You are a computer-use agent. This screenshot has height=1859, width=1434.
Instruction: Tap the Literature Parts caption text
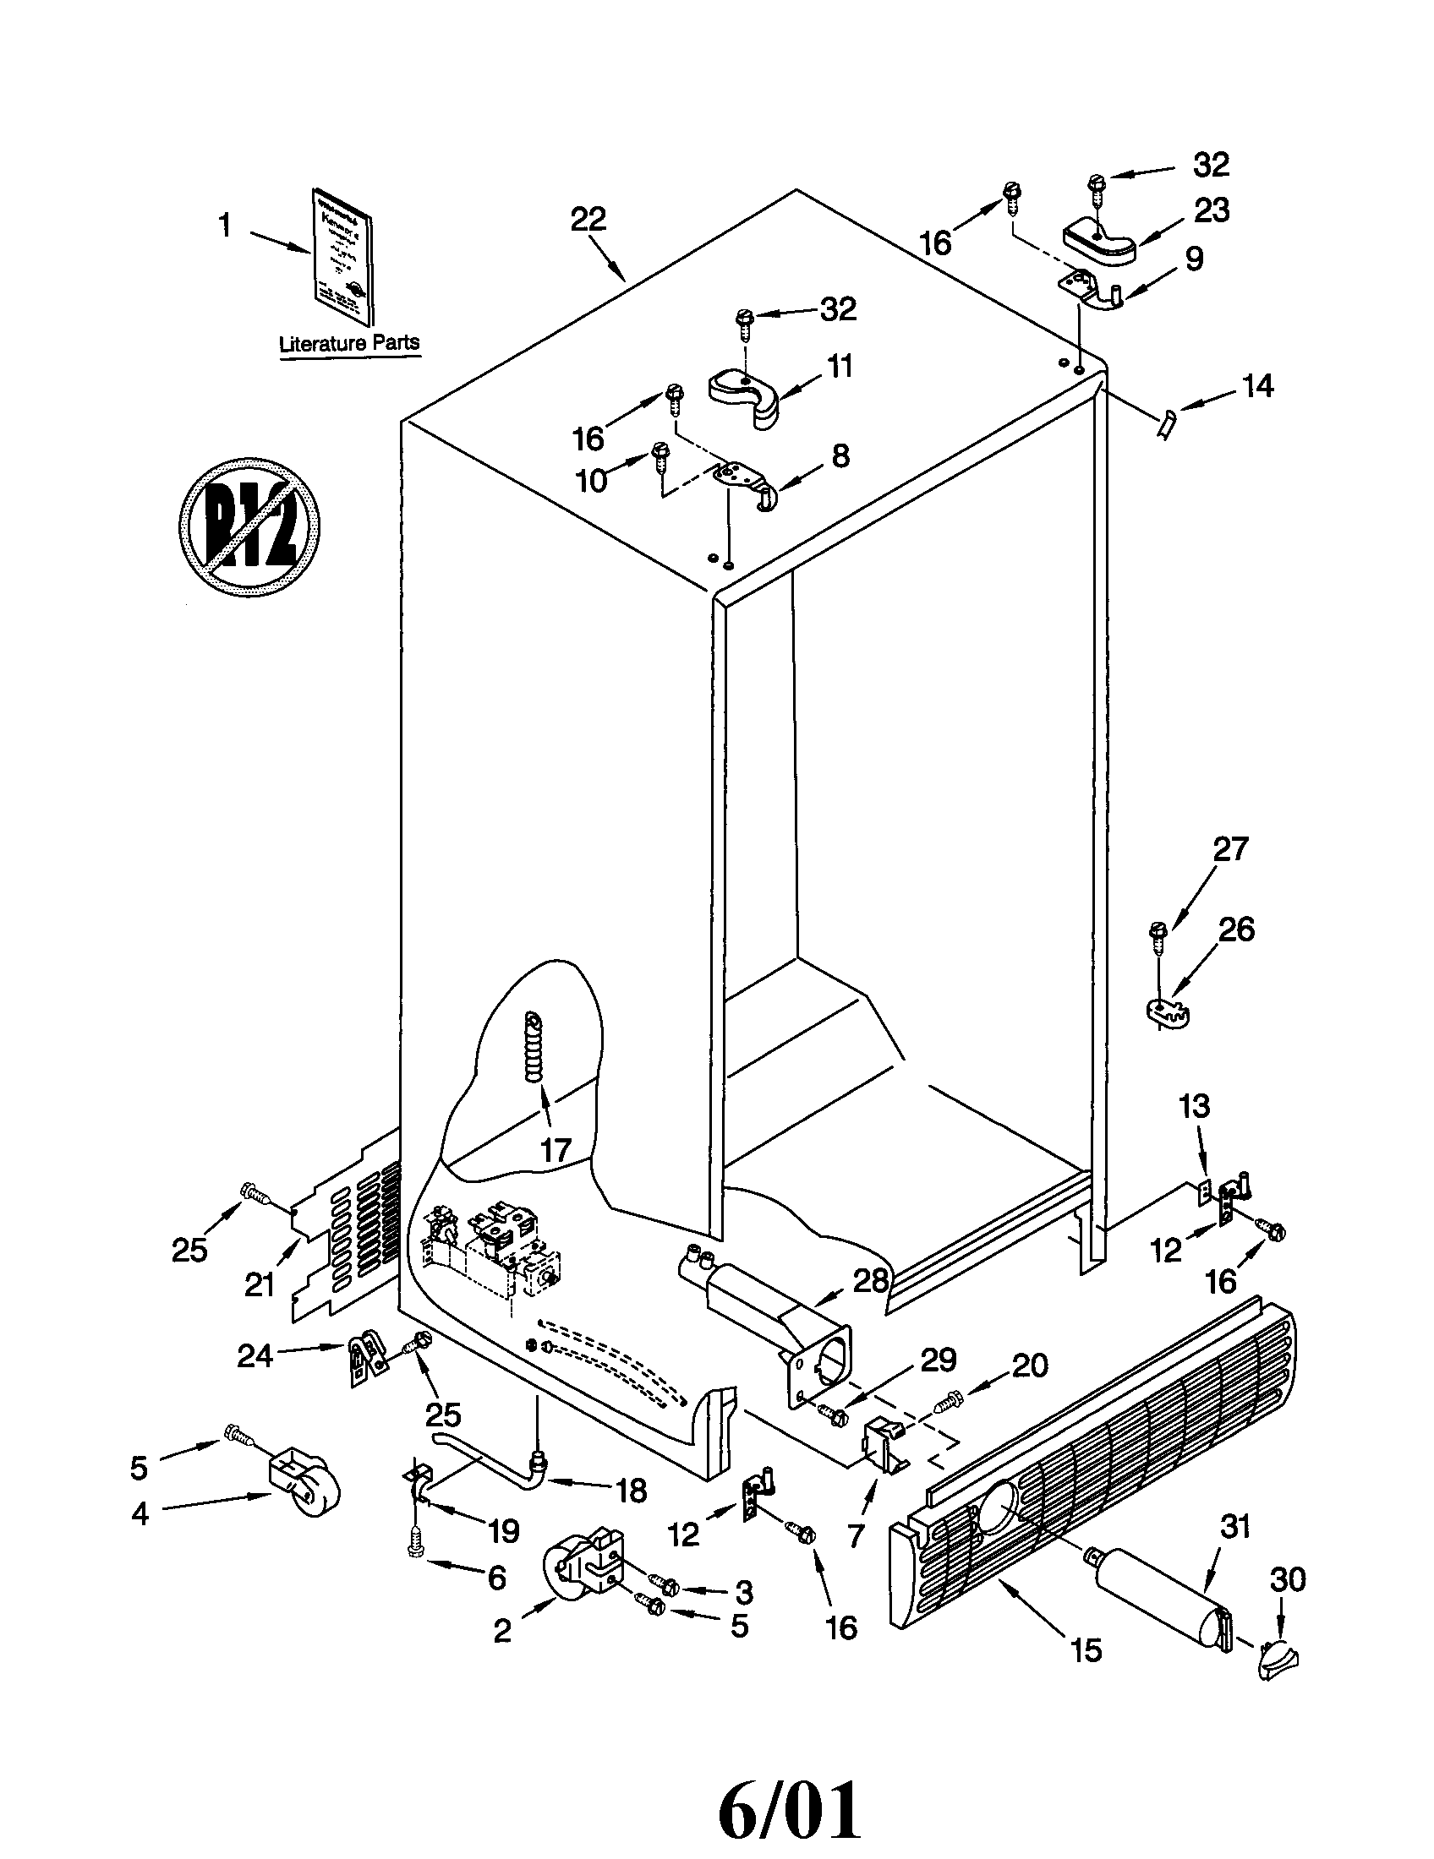click(349, 343)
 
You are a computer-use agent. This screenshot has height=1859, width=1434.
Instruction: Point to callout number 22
click(588, 219)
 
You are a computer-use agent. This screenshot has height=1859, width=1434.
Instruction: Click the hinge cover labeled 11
click(744, 393)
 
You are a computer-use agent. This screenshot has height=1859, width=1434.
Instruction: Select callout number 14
click(1257, 385)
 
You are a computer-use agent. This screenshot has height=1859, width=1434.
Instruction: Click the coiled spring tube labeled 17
click(534, 1048)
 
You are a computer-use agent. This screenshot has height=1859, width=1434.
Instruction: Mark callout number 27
click(1230, 848)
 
